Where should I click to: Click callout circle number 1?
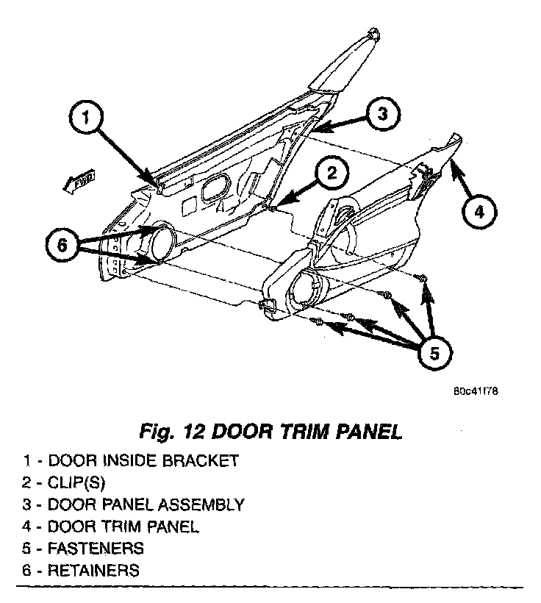tap(87, 117)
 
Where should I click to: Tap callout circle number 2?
tap(331, 174)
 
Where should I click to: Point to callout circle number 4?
tap(478, 213)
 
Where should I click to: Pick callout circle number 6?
tap(62, 245)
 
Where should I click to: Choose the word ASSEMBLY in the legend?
tap(202, 505)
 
